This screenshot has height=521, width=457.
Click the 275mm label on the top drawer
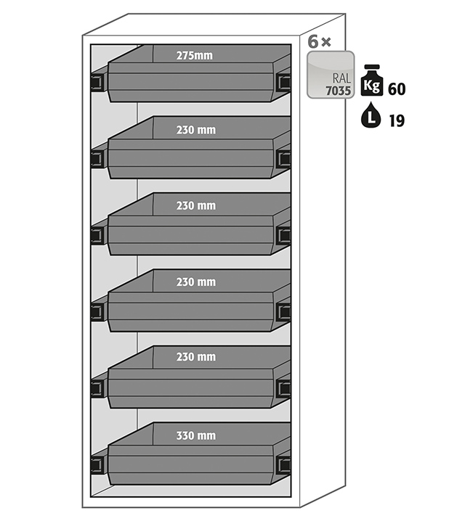(x=194, y=55)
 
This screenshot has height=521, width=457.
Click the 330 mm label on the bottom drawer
(x=195, y=436)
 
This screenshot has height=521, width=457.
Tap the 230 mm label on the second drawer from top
(x=195, y=131)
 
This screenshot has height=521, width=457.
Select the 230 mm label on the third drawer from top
(x=195, y=206)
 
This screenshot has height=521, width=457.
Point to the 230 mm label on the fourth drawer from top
(x=195, y=282)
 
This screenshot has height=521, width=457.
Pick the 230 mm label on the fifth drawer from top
(x=195, y=357)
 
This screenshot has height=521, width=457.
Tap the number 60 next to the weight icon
(x=397, y=89)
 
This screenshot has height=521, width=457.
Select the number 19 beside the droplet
(x=396, y=120)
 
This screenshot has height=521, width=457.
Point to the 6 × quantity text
(x=319, y=42)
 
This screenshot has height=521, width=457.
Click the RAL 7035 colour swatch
(x=330, y=75)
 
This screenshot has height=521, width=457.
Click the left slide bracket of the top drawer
(x=97, y=82)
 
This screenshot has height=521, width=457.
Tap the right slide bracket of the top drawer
(x=283, y=82)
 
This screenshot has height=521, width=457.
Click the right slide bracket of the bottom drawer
(x=283, y=465)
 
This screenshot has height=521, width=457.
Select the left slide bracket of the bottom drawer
(x=97, y=465)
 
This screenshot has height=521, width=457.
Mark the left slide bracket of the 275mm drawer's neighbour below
(x=97, y=159)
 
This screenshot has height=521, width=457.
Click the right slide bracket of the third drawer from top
(x=283, y=235)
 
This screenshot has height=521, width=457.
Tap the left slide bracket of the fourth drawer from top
(x=97, y=312)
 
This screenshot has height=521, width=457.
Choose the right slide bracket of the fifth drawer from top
(x=283, y=388)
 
